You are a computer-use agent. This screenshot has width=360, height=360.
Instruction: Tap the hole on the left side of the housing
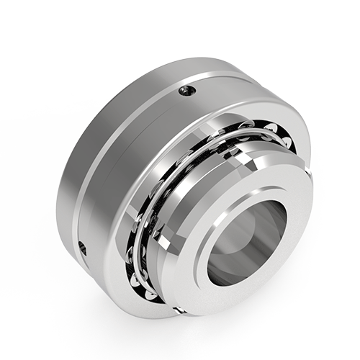point(82,247)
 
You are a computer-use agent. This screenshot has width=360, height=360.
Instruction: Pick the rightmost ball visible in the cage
point(287,142)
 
